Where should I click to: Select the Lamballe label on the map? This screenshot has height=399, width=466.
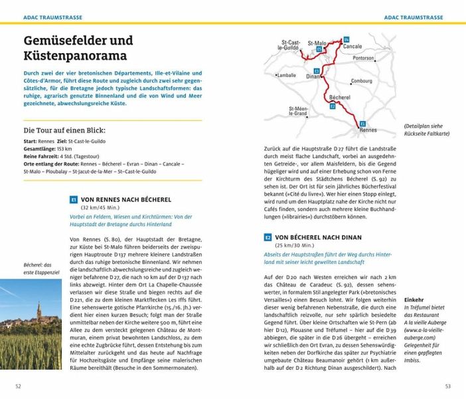(287, 75)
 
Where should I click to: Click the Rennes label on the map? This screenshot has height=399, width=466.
(367, 130)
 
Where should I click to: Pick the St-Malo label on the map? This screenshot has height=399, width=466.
(319, 43)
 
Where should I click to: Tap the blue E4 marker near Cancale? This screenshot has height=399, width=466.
(347, 41)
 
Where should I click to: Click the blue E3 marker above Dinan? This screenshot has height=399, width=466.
(317, 70)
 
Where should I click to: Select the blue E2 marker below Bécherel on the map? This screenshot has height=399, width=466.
(333, 106)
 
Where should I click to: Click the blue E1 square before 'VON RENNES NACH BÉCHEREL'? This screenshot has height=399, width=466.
(74, 199)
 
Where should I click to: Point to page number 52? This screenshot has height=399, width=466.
(19, 386)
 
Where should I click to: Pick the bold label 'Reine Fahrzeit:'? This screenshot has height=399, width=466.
(40, 156)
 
